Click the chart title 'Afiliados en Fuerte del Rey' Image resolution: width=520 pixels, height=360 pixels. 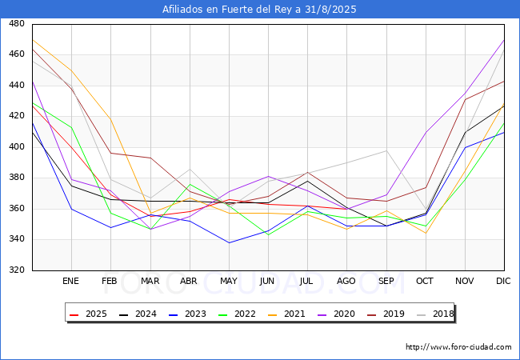point(259,10)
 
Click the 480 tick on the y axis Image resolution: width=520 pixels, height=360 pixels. point(16,24)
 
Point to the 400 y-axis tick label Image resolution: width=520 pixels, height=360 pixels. point(16,147)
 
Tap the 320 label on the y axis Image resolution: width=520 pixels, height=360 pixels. point(16,270)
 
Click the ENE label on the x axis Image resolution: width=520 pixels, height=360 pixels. point(71,282)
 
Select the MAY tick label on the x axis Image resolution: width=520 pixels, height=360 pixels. point(229,282)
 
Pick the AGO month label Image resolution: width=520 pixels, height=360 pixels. point(346,282)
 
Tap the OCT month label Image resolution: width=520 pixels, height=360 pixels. point(426,282)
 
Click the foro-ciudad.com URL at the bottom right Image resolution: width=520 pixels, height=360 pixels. point(458,347)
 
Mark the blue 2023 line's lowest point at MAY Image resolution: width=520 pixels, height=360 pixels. point(229,242)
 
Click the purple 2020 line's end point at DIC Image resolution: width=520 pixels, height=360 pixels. point(504,40)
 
